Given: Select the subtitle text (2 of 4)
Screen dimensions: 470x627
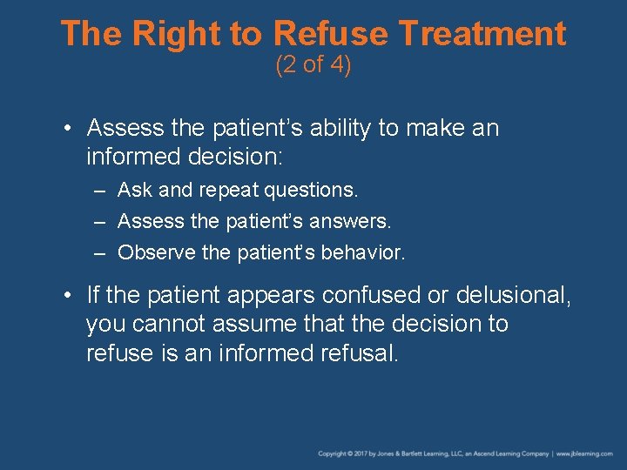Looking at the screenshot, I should tap(313, 65).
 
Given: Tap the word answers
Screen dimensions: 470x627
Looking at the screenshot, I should tap(349, 221).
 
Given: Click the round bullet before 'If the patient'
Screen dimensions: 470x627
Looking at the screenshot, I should tap(68, 296).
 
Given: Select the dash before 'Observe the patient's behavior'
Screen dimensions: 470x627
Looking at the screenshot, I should tap(101, 253).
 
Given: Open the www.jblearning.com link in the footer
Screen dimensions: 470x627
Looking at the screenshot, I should tap(584, 453).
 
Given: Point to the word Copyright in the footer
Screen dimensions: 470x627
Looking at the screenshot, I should tap(333, 453).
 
